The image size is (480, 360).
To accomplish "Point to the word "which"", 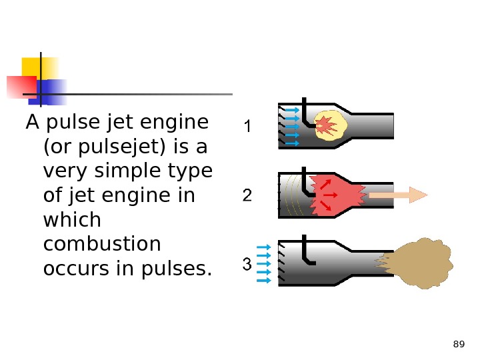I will pos(71,219).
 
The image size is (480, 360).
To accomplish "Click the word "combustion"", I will pos(101,244).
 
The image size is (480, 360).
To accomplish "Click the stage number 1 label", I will pos(247,126).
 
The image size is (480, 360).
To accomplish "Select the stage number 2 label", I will pos(247,196).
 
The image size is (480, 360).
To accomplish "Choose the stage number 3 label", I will pos(247,265).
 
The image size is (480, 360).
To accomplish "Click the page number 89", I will pos(458,344).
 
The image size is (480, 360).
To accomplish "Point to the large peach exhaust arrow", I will pos(397,195).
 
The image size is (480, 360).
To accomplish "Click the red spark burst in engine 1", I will pos(325,124).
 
